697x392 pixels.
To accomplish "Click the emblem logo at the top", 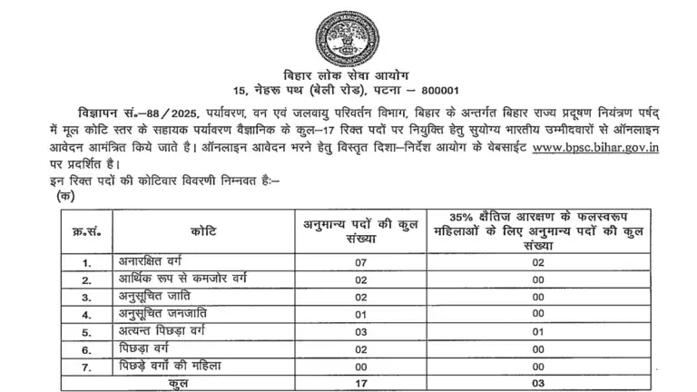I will (349, 35).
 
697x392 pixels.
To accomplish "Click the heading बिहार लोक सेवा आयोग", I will (348, 74).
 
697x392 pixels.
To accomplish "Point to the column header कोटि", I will (201, 232).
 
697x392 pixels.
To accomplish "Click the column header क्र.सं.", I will (86, 232).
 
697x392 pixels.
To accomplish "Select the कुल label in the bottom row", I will (177, 384).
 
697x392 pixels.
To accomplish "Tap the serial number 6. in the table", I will (87, 348).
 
